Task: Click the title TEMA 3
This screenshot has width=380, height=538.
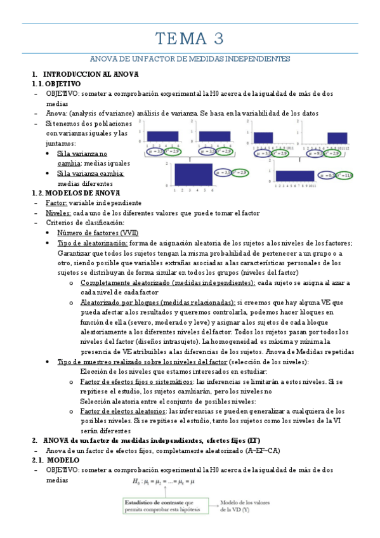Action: tap(190, 39)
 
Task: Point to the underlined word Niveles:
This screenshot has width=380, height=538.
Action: tap(58, 213)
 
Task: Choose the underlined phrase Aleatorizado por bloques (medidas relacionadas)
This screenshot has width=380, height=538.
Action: tap(158, 303)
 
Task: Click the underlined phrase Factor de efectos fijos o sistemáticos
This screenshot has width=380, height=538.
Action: tap(137, 381)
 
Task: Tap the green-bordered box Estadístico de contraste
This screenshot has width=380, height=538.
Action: tap(164, 506)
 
